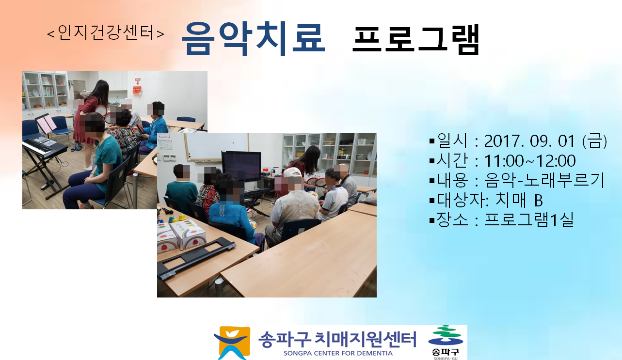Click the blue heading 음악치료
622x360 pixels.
(x=253, y=39)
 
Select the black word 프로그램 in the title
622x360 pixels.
(x=416, y=39)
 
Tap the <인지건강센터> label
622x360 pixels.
(x=106, y=33)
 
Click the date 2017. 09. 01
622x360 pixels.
(x=529, y=141)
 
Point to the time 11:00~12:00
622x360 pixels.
(x=530, y=161)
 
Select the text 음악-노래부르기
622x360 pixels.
(x=544, y=180)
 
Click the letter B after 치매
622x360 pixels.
(x=539, y=201)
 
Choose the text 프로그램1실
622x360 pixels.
(x=529, y=220)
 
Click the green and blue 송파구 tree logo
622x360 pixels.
(x=446, y=336)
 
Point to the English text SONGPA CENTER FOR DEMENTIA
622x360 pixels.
(x=338, y=353)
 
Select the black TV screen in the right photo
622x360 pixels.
(x=241, y=166)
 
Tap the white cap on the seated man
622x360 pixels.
(x=292, y=172)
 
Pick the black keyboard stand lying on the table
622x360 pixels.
(x=197, y=258)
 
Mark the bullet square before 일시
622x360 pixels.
(x=432, y=141)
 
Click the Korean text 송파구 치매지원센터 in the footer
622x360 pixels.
(x=337, y=339)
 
